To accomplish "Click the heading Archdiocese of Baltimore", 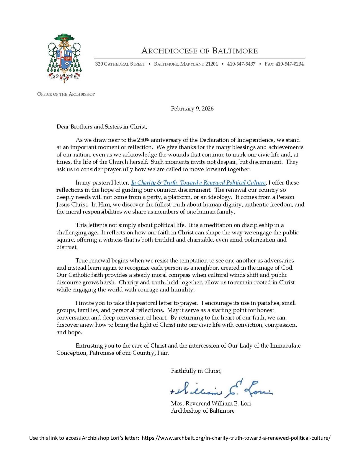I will [199, 51].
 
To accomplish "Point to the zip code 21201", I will [212, 64].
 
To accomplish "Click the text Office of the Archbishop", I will [66, 94].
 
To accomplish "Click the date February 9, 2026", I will [192, 109].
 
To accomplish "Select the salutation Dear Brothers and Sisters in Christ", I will [102, 127].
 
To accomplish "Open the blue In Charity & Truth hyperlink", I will [198, 183].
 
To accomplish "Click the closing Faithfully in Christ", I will [196, 371].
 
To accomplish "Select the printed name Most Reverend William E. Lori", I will [211, 403].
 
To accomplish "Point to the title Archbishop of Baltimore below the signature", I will [203, 411].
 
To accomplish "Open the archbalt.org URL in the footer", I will [236, 438].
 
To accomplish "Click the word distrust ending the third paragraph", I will [67, 247].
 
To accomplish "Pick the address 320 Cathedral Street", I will [120, 64].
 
